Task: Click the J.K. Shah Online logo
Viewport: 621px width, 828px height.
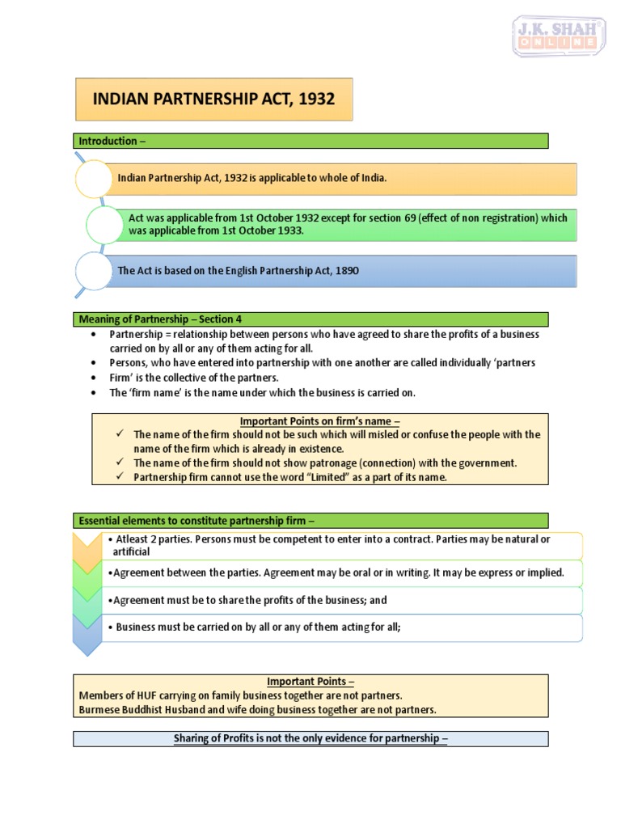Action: pyautogui.click(x=560, y=36)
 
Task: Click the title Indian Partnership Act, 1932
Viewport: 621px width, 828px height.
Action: pyautogui.click(x=213, y=99)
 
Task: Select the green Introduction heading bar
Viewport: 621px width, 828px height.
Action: pyautogui.click(x=310, y=141)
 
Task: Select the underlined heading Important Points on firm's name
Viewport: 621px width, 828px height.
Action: pyautogui.click(x=319, y=421)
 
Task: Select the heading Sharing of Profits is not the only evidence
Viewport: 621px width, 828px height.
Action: pyautogui.click(x=310, y=738)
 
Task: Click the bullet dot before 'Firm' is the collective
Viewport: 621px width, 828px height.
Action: pyautogui.click(x=95, y=378)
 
